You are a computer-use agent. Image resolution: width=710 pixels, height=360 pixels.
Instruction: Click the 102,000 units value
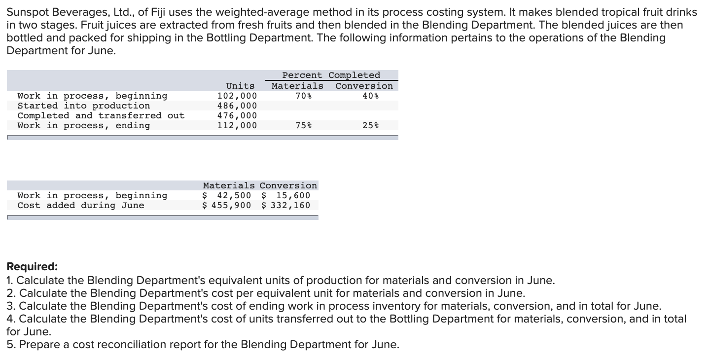click(237, 96)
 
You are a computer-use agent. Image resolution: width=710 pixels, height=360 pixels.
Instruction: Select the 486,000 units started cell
click(237, 106)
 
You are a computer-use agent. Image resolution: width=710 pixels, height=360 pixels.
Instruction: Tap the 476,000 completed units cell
click(237, 115)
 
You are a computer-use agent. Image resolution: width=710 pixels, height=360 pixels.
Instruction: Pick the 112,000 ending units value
click(237, 125)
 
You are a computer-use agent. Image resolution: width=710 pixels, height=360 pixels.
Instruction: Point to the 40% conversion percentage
click(370, 96)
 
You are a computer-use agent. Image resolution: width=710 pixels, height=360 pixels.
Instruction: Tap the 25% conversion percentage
click(370, 125)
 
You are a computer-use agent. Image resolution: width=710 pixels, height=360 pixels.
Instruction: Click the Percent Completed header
click(331, 75)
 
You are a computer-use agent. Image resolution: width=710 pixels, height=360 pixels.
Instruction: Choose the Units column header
click(240, 86)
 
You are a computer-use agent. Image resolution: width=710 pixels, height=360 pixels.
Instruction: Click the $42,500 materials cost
click(227, 195)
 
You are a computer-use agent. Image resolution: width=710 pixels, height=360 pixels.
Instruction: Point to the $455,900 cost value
click(227, 205)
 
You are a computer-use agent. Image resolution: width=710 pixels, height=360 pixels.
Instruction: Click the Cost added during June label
click(81, 205)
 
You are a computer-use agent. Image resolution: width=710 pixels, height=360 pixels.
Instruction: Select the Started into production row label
click(84, 106)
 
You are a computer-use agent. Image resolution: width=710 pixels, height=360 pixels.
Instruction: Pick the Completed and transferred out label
click(101, 115)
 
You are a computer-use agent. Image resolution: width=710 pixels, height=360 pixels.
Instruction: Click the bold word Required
click(32, 267)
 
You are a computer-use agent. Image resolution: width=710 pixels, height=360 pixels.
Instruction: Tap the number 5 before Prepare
click(10, 344)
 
